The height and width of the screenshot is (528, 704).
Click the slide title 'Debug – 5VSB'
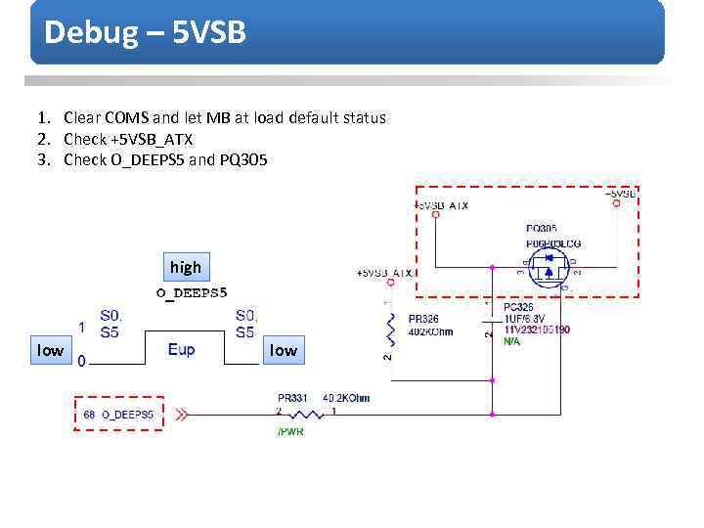pyautogui.click(x=145, y=32)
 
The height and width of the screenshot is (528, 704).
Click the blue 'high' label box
pyautogui.click(x=185, y=267)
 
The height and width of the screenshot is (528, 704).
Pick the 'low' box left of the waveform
pyautogui.click(x=50, y=350)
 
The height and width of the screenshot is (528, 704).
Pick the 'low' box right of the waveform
pyautogui.click(x=283, y=350)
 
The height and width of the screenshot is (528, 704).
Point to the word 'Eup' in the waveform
pyautogui.click(x=181, y=349)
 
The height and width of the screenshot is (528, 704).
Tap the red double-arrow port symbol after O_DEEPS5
pyautogui.click(x=183, y=416)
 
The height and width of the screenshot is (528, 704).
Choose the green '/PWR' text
pyautogui.click(x=290, y=431)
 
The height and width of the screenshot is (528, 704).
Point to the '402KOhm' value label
pyautogui.click(x=430, y=330)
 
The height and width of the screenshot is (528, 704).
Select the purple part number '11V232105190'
pyautogui.click(x=537, y=330)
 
